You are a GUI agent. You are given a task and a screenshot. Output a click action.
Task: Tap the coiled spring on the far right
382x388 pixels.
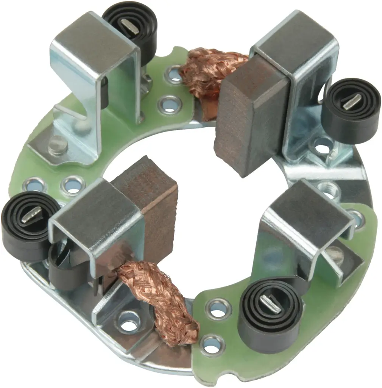(351, 110)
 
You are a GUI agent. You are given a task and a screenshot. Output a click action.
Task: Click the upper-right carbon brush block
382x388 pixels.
(250, 114)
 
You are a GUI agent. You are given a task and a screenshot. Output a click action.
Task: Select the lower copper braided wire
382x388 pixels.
(159, 299)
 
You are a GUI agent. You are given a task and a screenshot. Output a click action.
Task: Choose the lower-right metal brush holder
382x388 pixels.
(303, 220)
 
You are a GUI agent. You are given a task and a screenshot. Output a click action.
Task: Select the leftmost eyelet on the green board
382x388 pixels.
(35, 185)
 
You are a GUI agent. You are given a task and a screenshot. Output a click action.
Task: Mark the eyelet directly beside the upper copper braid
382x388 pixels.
(175, 75)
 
